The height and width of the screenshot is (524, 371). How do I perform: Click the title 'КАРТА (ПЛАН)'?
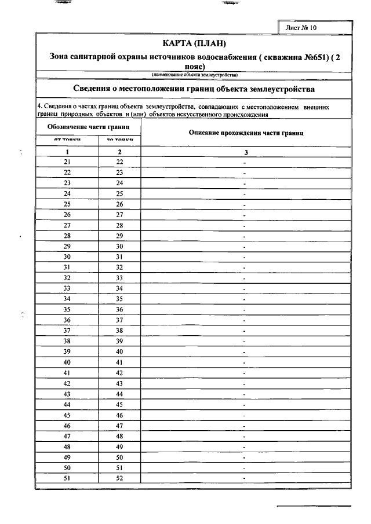194,44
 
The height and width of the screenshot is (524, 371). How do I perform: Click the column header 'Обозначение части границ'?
88,126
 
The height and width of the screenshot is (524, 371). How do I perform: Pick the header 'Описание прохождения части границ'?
246,133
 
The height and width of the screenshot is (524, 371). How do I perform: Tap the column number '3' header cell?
246,152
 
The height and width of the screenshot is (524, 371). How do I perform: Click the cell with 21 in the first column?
67,162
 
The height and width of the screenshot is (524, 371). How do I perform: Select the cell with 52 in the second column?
119,478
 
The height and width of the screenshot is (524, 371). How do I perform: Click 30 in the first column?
67,256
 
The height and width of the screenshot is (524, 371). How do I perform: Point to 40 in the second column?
119,351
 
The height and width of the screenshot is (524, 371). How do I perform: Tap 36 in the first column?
67,320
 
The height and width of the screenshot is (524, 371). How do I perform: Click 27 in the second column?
119,215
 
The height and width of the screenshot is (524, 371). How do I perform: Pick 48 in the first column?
67,446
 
